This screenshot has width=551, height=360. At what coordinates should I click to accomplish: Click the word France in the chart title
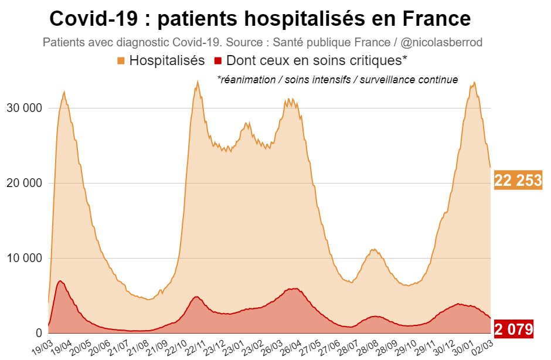tap(434, 19)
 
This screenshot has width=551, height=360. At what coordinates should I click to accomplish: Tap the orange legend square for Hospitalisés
tap(121, 61)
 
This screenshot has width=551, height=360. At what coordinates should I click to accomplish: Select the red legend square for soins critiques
tap(218, 61)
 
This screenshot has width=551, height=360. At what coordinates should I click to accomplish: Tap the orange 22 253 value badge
tap(518, 181)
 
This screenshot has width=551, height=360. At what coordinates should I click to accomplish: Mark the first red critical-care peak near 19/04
tap(60, 281)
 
